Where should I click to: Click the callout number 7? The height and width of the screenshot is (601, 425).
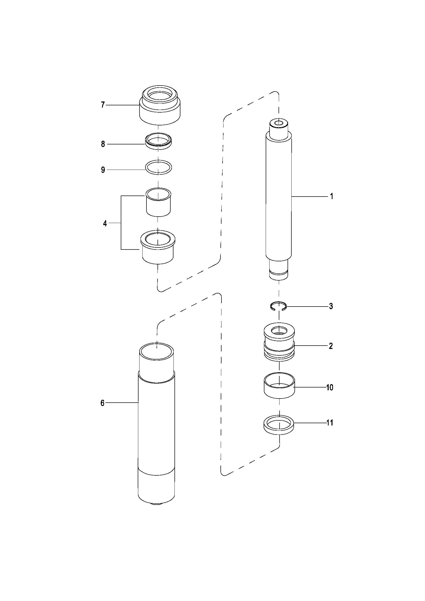point(103,105)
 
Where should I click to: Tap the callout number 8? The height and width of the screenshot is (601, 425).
point(103,144)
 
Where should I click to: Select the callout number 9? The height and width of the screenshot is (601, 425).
point(103,170)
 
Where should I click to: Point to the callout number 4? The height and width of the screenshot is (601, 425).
point(105,224)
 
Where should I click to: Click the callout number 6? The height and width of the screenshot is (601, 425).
point(102,403)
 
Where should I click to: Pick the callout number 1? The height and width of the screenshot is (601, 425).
point(331,196)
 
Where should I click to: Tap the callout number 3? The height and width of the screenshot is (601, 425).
point(331,306)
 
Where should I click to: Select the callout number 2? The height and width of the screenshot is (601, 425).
point(331,346)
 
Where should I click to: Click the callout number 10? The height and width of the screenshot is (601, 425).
point(330,387)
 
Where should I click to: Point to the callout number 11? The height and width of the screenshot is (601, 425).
point(330,423)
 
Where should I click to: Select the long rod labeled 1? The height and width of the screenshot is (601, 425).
point(279,199)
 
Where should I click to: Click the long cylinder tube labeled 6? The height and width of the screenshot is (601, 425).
point(156,424)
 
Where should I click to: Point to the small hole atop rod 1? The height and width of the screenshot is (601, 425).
point(279,123)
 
